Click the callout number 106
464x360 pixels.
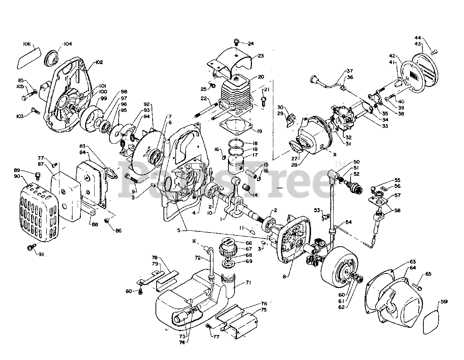pos(26,44)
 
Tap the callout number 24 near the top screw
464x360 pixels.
pos(250,44)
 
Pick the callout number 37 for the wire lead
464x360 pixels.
pos(349,71)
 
